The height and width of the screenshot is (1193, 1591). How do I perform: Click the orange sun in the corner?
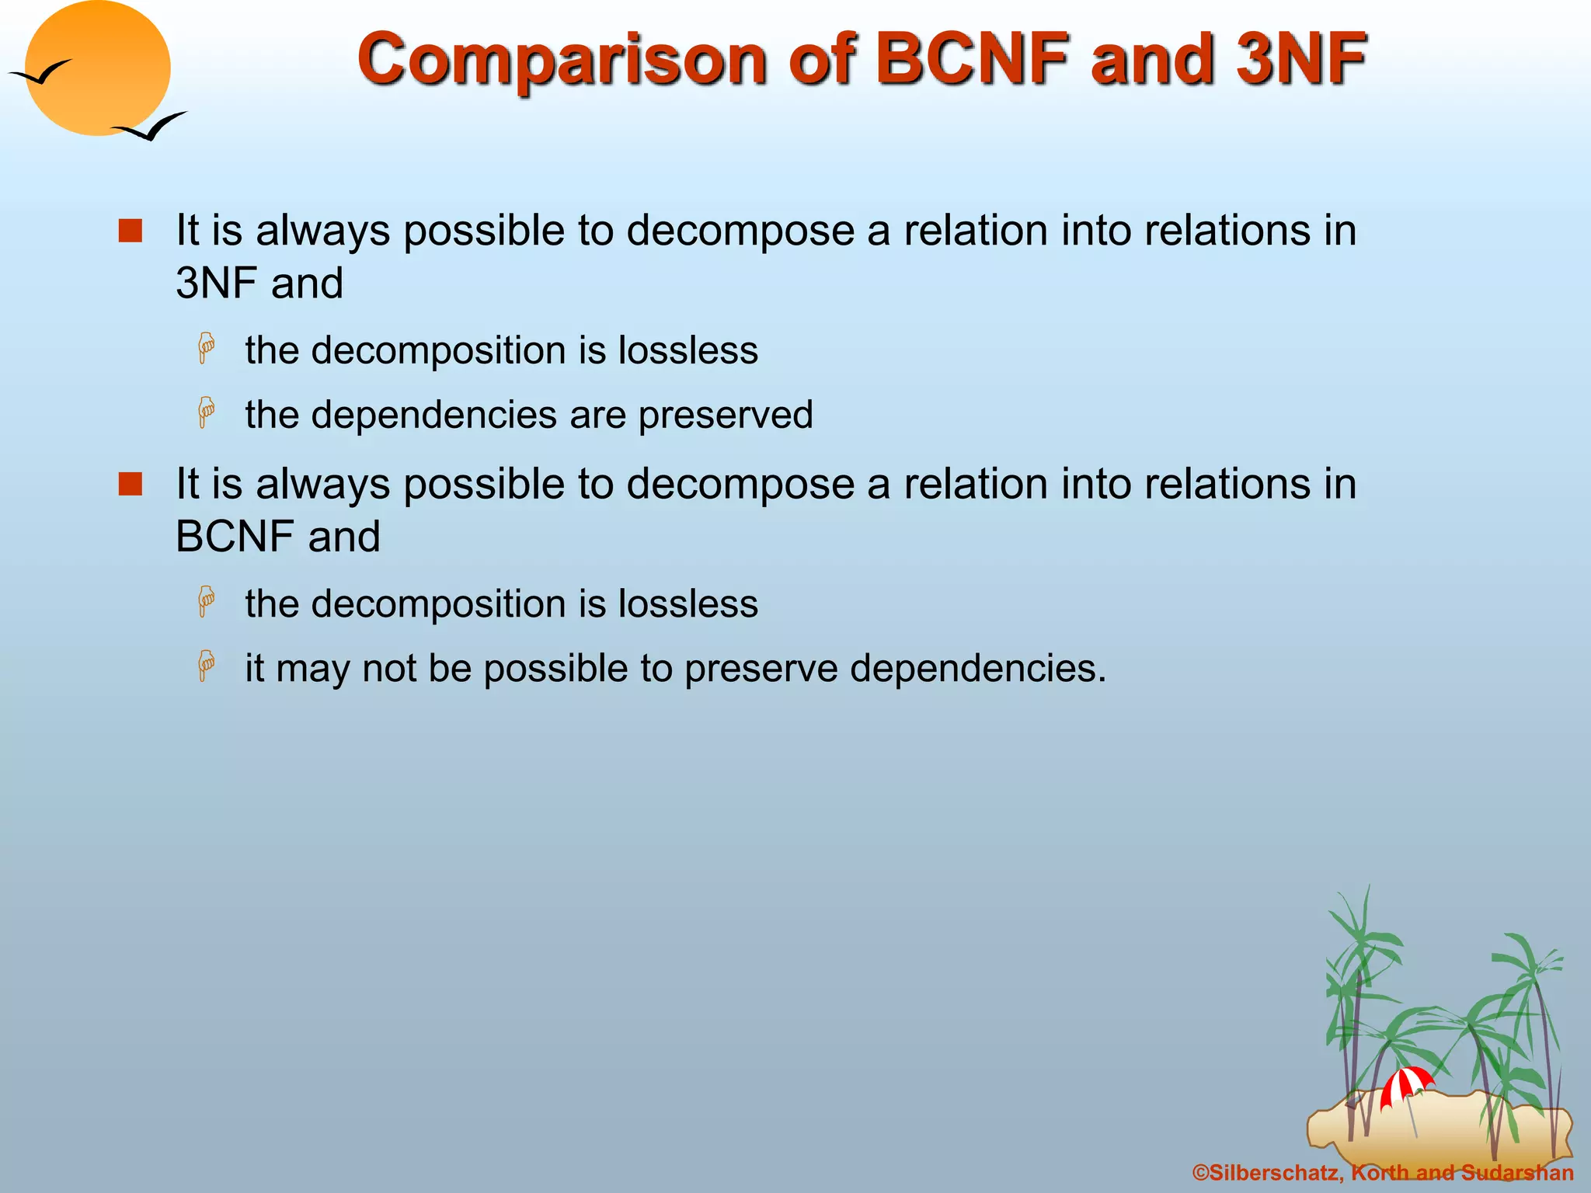[x=97, y=68]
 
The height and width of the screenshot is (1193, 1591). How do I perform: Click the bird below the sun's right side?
[x=151, y=126]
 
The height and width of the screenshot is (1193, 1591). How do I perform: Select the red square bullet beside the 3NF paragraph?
[x=131, y=231]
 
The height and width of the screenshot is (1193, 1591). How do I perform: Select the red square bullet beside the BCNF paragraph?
[x=131, y=485]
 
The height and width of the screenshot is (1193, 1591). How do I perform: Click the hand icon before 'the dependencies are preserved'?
[x=207, y=412]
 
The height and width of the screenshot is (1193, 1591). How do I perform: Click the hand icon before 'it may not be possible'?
[x=207, y=666]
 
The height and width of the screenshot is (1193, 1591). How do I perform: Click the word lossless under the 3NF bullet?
[x=688, y=350]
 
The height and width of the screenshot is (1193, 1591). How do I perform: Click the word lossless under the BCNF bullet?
[x=688, y=604]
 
